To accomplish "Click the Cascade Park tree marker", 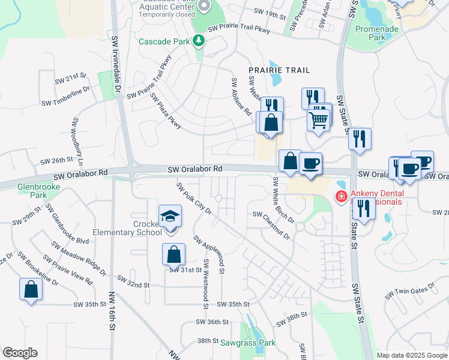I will click(x=199, y=41).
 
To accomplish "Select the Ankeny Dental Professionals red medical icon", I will click(x=341, y=196).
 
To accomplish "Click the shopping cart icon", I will click(x=318, y=119).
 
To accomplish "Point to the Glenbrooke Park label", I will click(x=31, y=190).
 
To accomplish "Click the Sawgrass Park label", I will click(x=247, y=343).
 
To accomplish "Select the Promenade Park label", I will click(x=377, y=32).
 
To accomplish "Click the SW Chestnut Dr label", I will click(x=271, y=224).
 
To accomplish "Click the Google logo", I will click(x=20, y=353).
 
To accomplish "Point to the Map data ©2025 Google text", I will click(x=411, y=355).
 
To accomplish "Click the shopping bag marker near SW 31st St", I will click(x=173, y=254).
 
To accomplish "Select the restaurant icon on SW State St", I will click(x=360, y=139).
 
